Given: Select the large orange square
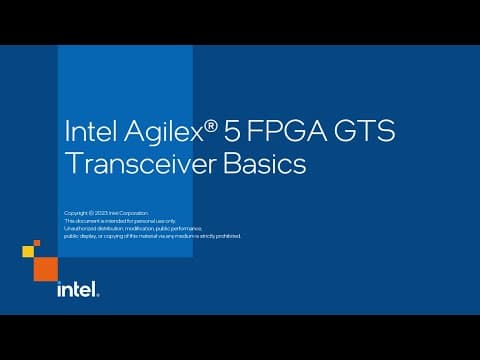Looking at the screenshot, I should [x=46, y=267].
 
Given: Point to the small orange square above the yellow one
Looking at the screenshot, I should [x=37, y=242].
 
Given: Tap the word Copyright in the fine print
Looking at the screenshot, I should [x=74, y=214].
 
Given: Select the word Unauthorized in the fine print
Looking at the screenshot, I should [x=78, y=228].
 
